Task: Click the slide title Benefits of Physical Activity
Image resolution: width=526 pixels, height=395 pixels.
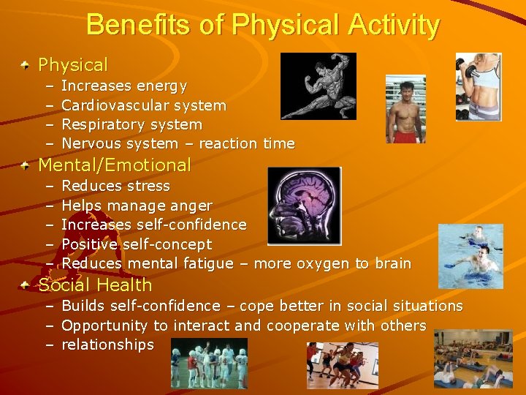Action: coord(263,25)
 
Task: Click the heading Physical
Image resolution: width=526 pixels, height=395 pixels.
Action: coord(72,65)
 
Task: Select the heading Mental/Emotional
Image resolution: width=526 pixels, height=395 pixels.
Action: coord(114,165)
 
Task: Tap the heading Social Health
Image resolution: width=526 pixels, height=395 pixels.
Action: coord(95,285)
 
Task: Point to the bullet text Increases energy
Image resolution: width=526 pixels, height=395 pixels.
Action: coord(124,86)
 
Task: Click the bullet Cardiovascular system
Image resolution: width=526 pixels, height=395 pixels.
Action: coord(144,105)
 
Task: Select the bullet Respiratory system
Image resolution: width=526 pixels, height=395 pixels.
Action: coord(131,124)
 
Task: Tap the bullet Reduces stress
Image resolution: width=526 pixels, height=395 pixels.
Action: coord(115,186)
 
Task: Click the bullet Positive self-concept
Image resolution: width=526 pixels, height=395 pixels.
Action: coord(137,244)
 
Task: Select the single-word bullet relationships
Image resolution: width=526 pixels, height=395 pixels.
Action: coord(107,345)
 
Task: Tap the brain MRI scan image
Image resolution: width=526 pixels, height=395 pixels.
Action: coord(304,206)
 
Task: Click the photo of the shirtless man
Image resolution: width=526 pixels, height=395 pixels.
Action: coord(405,109)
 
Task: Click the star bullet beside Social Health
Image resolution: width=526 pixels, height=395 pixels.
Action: coord(26,285)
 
